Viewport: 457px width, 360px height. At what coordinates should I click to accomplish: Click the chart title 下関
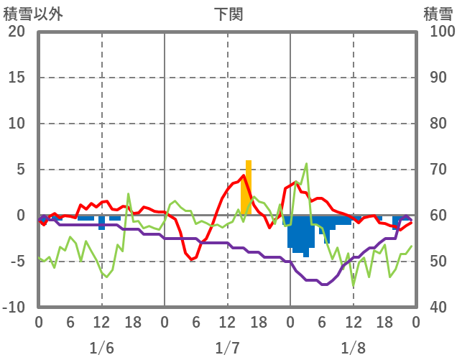click(228, 14)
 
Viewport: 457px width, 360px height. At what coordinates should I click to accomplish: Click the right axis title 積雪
click(437, 14)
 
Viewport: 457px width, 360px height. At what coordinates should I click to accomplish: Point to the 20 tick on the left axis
click(17, 32)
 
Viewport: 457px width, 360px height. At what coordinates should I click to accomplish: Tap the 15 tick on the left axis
click(17, 78)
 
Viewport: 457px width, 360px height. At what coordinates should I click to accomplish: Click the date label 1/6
click(101, 348)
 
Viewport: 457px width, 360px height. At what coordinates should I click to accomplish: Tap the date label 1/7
click(227, 348)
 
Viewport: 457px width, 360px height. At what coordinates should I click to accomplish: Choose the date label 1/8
click(353, 348)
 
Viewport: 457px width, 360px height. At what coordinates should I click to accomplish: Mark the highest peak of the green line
click(307, 164)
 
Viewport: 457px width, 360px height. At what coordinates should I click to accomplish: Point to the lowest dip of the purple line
click(323, 285)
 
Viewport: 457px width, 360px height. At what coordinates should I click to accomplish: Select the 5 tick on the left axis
click(20, 170)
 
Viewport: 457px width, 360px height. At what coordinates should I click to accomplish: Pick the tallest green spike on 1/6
click(129, 194)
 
